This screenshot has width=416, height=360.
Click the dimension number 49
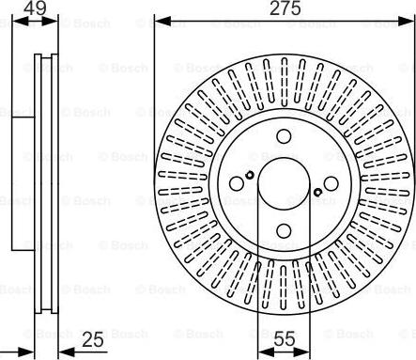(x=36, y=10)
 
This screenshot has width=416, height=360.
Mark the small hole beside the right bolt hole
(x=318, y=193)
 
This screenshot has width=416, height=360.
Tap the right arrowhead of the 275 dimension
(x=402, y=20)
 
